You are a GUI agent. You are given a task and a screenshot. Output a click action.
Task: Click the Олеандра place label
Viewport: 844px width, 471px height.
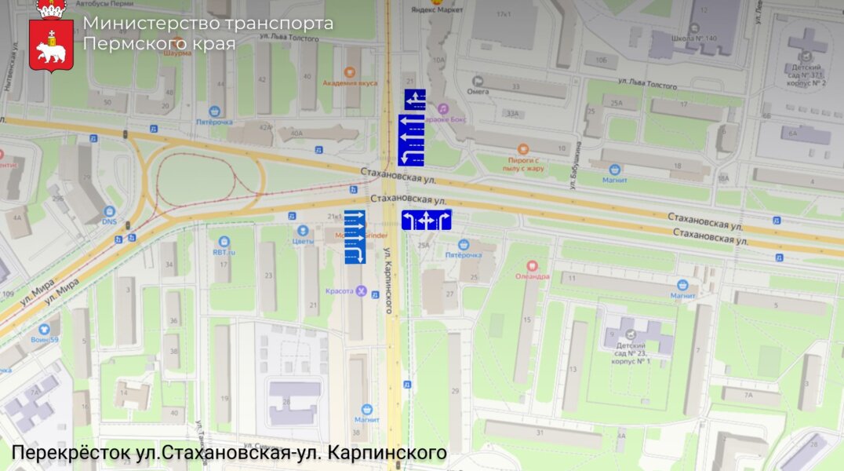coord(532,276)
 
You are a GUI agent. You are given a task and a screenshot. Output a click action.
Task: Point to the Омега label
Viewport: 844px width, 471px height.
coord(478,90)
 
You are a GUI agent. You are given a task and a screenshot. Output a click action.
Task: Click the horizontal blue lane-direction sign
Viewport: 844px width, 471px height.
coord(426,220)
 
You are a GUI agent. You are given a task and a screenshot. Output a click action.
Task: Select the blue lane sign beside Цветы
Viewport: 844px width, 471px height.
coord(355,236)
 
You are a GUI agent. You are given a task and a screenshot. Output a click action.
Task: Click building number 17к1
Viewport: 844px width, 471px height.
coord(503,14)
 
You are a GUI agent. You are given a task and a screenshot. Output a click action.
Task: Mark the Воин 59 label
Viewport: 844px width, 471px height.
coord(44,339)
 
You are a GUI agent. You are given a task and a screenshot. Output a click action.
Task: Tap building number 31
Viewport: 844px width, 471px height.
coord(539,432)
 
